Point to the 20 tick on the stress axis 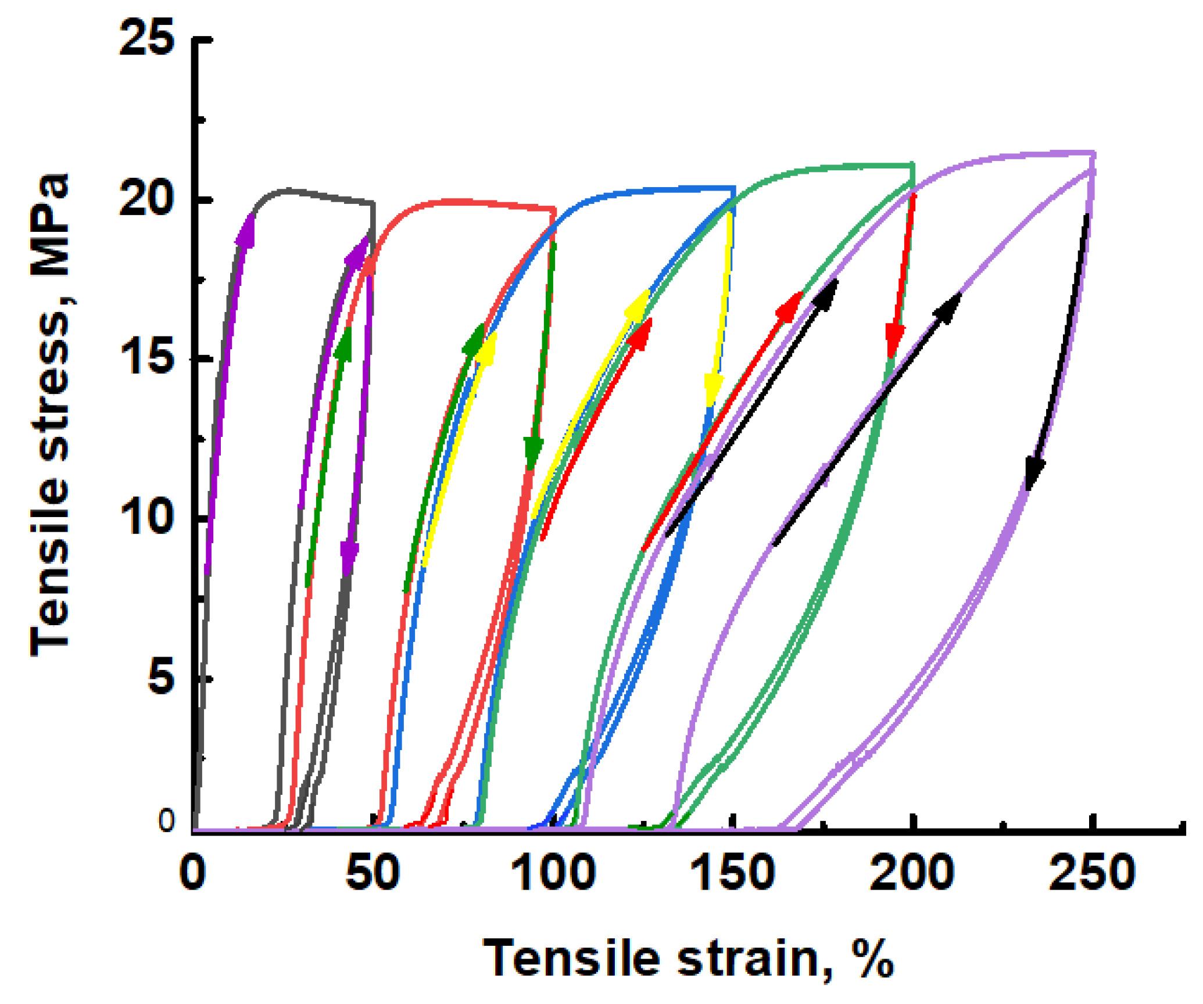click(146, 199)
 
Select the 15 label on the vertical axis click(146, 358)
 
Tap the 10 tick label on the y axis click(146, 518)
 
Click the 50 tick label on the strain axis click(373, 873)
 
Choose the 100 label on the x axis click(553, 873)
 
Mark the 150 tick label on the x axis click(733, 873)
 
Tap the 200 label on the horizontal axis click(912, 873)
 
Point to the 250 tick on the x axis click(1092, 873)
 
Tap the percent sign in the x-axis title click(873, 958)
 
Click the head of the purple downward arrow click(349, 559)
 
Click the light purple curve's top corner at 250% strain click(1094, 153)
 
